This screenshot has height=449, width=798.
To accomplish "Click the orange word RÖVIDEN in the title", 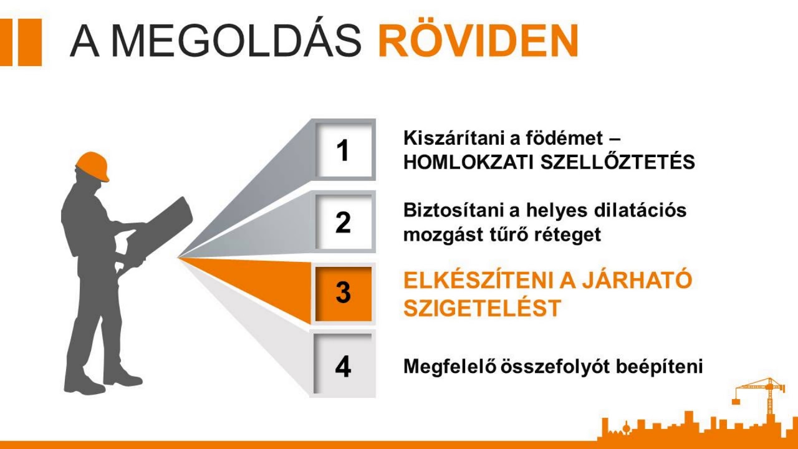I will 478,42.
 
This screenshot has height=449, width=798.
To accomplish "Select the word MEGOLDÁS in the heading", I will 238,42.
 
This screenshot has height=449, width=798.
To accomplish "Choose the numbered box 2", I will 343,223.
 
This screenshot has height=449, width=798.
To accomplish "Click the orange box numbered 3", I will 343,293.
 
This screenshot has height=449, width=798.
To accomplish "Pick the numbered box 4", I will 343,366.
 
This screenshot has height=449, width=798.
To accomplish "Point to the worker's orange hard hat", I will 92,165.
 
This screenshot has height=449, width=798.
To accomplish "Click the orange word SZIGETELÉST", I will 482,308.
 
